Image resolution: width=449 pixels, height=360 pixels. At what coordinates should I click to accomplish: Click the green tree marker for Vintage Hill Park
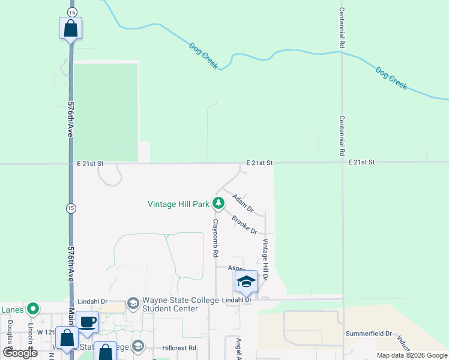click(218, 203)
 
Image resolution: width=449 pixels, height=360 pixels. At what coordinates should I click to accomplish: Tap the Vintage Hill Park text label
click(178, 204)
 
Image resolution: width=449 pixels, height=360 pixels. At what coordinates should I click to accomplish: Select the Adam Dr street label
click(243, 203)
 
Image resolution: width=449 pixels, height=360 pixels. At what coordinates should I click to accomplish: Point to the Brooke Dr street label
click(244, 226)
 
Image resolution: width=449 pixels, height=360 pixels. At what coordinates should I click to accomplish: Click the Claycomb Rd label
click(214, 238)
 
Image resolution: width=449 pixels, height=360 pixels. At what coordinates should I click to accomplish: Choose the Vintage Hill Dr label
click(264, 259)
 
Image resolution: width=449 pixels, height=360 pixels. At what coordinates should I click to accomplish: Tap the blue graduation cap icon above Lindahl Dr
click(246, 281)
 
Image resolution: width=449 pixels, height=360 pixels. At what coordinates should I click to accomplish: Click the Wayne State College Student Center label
click(169, 304)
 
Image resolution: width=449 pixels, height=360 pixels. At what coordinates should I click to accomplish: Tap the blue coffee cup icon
click(87, 322)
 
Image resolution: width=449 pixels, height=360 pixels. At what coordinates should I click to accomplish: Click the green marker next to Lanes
click(33, 309)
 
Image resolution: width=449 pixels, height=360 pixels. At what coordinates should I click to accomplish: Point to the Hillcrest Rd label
click(179, 348)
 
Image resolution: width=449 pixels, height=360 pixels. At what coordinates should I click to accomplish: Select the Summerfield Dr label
click(368, 334)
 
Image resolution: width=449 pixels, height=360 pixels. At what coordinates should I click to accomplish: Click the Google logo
click(20, 353)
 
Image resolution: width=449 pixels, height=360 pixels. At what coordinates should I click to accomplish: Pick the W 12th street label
click(46, 332)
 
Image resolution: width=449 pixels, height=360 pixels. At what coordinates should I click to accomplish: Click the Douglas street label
click(10, 333)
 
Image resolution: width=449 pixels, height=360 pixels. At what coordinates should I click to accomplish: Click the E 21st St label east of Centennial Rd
click(361, 163)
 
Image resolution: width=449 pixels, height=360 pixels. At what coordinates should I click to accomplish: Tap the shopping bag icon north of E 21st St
click(70, 28)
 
